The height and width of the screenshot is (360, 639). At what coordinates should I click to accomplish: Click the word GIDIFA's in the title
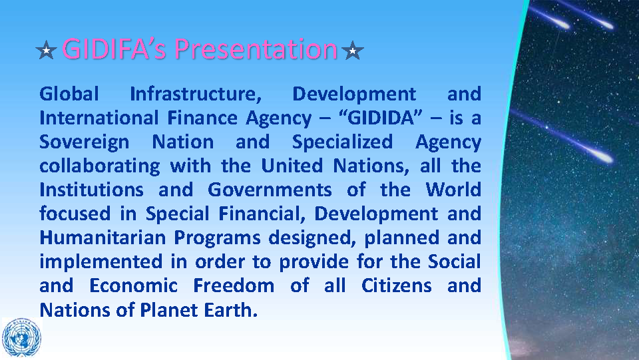click(114, 49)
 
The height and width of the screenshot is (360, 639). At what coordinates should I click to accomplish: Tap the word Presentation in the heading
click(256, 49)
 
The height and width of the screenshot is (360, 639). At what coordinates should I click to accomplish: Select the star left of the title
click(46, 50)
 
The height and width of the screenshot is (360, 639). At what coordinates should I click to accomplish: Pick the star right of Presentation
click(353, 50)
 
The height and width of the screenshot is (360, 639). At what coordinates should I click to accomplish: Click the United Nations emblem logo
click(21, 337)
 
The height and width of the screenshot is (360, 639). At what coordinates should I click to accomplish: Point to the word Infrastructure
click(196, 94)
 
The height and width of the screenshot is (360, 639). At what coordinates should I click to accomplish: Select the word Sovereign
click(85, 143)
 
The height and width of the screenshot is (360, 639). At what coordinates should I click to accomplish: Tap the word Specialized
click(342, 143)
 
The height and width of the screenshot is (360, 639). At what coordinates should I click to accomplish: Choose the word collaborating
click(100, 166)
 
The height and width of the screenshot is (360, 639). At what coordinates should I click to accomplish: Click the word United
click(292, 166)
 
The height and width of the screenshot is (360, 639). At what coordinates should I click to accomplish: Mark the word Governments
click(270, 190)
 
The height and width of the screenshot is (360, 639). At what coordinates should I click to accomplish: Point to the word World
click(453, 190)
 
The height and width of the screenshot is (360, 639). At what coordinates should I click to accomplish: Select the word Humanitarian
click(103, 238)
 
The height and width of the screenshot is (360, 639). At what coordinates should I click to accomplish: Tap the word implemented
click(101, 262)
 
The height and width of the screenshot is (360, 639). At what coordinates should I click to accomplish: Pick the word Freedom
click(234, 286)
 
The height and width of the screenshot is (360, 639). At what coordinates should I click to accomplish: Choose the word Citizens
click(397, 286)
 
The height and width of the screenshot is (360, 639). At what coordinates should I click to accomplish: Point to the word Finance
click(202, 118)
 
